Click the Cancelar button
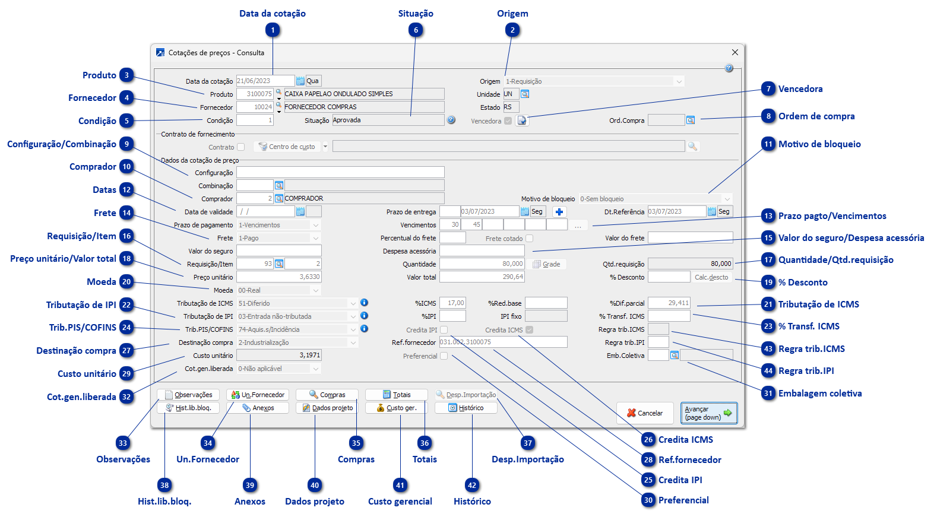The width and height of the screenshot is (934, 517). tap(645, 413)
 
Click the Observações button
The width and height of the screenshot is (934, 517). tap(188, 395)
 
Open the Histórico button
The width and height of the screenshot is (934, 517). tap(466, 408)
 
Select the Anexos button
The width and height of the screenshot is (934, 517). tap(258, 408)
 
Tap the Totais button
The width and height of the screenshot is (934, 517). tap(396, 395)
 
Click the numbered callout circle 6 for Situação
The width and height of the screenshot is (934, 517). tap(416, 30)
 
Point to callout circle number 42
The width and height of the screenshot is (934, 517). tap(472, 485)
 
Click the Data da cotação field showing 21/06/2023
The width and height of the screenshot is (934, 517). tap(265, 81)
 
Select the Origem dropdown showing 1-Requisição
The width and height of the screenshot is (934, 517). tap(594, 81)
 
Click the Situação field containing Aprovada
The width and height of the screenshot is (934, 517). tap(388, 120)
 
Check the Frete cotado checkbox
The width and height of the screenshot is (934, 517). tap(529, 238)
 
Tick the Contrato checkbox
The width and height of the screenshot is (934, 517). tap(240, 147)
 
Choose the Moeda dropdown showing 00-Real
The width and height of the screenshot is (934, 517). tap(278, 290)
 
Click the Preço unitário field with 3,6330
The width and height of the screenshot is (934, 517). tap(278, 277)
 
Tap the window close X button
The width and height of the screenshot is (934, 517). tap(734, 52)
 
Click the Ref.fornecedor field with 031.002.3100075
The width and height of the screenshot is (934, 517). tap(503, 342)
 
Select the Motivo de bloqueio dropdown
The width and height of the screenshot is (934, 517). tap(655, 199)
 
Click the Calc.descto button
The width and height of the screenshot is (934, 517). tap(711, 277)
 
